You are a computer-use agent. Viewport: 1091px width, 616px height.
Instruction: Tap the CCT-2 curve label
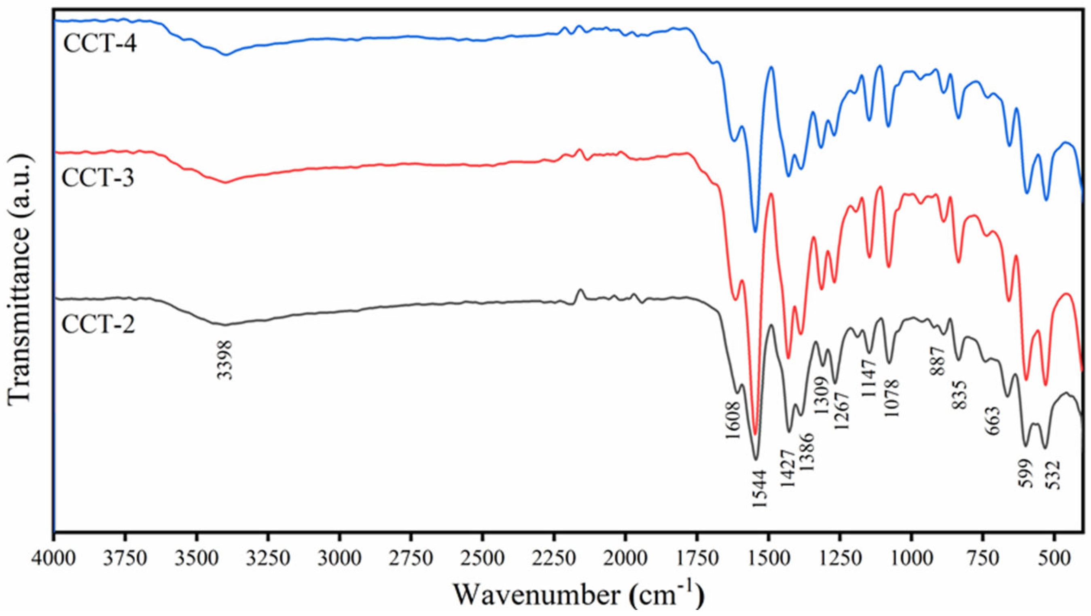pos(98,325)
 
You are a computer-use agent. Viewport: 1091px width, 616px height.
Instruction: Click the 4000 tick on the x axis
pos(54,554)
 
